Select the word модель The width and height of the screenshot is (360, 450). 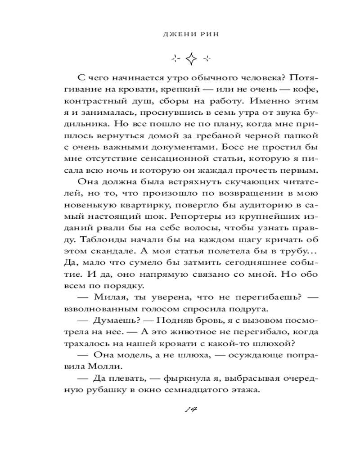coord(139,355)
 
